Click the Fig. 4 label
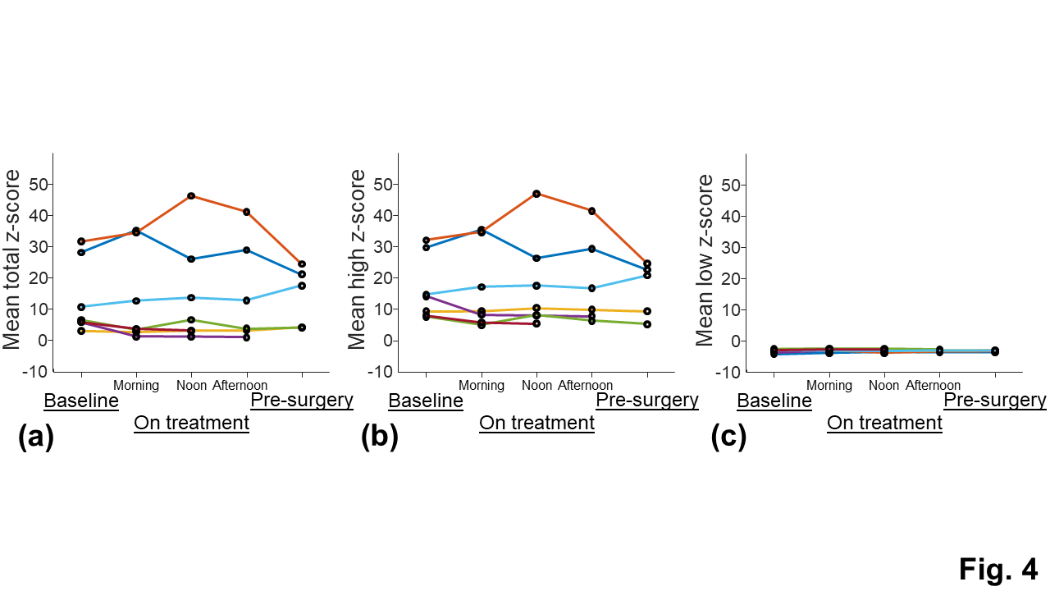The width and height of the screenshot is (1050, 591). click(x=997, y=568)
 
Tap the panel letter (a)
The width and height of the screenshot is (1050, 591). click(x=35, y=438)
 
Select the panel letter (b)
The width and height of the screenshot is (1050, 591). click(x=379, y=438)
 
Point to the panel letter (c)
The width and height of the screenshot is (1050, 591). click(x=728, y=438)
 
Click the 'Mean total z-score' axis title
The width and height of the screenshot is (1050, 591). click(x=12, y=262)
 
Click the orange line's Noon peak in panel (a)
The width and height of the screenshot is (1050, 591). click(x=191, y=195)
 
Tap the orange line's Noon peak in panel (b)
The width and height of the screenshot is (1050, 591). click(x=536, y=194)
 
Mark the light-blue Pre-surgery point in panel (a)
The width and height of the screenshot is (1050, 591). click(x=302, y=286)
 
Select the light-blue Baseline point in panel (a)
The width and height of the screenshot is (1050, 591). click(x=81, y=307)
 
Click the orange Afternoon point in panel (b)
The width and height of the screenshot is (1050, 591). click(x=591, y=211)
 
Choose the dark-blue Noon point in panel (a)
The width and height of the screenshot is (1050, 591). click(x=191, y=259)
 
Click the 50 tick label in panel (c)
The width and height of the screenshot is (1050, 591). click(x=733, y=185)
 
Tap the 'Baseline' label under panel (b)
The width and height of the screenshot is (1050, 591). click(x=426, y=401)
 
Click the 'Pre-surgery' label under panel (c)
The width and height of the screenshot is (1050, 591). click(x=995, y=400)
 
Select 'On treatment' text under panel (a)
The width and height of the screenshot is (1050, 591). click(x=191, y=423)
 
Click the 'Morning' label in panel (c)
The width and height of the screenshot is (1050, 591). click(x=829, y=385)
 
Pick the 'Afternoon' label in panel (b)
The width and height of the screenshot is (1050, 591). click(x=586, y=385)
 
